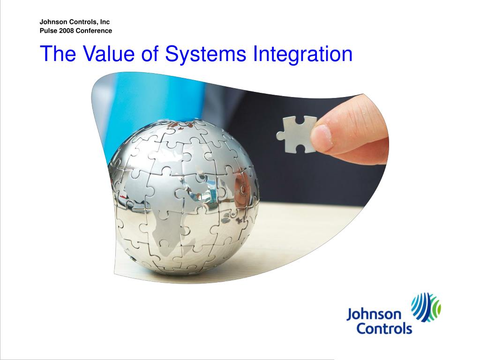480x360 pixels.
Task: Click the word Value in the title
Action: click(x=108, y=53)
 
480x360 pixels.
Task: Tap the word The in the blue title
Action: click(x=58, y=53)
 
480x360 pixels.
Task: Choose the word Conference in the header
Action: click(x=94, y=30)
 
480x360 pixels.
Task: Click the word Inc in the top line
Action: click(x=105, y=22)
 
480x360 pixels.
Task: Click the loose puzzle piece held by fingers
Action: click(x=296, y=135)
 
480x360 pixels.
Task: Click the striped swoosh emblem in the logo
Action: click(x=426, y=307)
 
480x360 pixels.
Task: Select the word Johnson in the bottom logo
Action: click(x=374, y=315)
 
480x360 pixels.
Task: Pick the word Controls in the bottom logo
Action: click(x=384, y=329)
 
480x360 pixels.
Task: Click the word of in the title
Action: click(x=150, y=53)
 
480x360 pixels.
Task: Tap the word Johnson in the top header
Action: click(x=53, y=22)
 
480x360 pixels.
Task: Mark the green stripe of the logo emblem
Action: click(x=437, y=307)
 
